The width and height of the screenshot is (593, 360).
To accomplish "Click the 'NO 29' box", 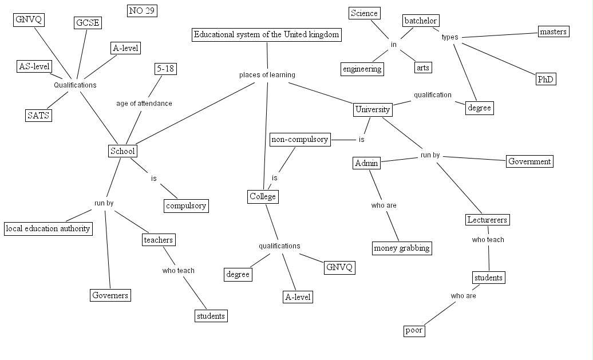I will coord(142,10).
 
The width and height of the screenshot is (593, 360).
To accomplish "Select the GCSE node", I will coord(88,23).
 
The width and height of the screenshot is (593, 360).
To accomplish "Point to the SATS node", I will coord(38,115).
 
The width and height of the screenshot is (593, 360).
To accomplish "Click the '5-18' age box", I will coord(165,69).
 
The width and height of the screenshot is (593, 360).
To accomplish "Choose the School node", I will coord(122,151).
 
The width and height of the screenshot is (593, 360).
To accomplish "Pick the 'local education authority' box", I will coord(48,228).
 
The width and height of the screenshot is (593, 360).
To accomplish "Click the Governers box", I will coord(110,295).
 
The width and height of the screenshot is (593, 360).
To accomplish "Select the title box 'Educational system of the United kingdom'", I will coord(267,34).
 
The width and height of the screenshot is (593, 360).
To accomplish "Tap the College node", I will coord(263,197).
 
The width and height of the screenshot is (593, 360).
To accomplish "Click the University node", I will coord(373,109).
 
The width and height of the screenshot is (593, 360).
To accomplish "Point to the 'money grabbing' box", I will coord(402,248).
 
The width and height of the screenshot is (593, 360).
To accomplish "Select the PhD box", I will coord(545,80).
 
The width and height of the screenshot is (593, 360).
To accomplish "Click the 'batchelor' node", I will coord(421,21).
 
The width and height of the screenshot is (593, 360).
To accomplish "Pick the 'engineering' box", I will coord(362,69).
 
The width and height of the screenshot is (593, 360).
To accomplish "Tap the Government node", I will coord(529,161).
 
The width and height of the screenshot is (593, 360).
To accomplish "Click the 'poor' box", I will coord(413,330).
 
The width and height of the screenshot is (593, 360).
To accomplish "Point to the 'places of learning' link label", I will coord(267,74).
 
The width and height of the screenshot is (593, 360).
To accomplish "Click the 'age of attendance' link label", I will coord(144,104).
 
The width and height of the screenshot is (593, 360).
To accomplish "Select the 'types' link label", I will coord(450,37).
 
